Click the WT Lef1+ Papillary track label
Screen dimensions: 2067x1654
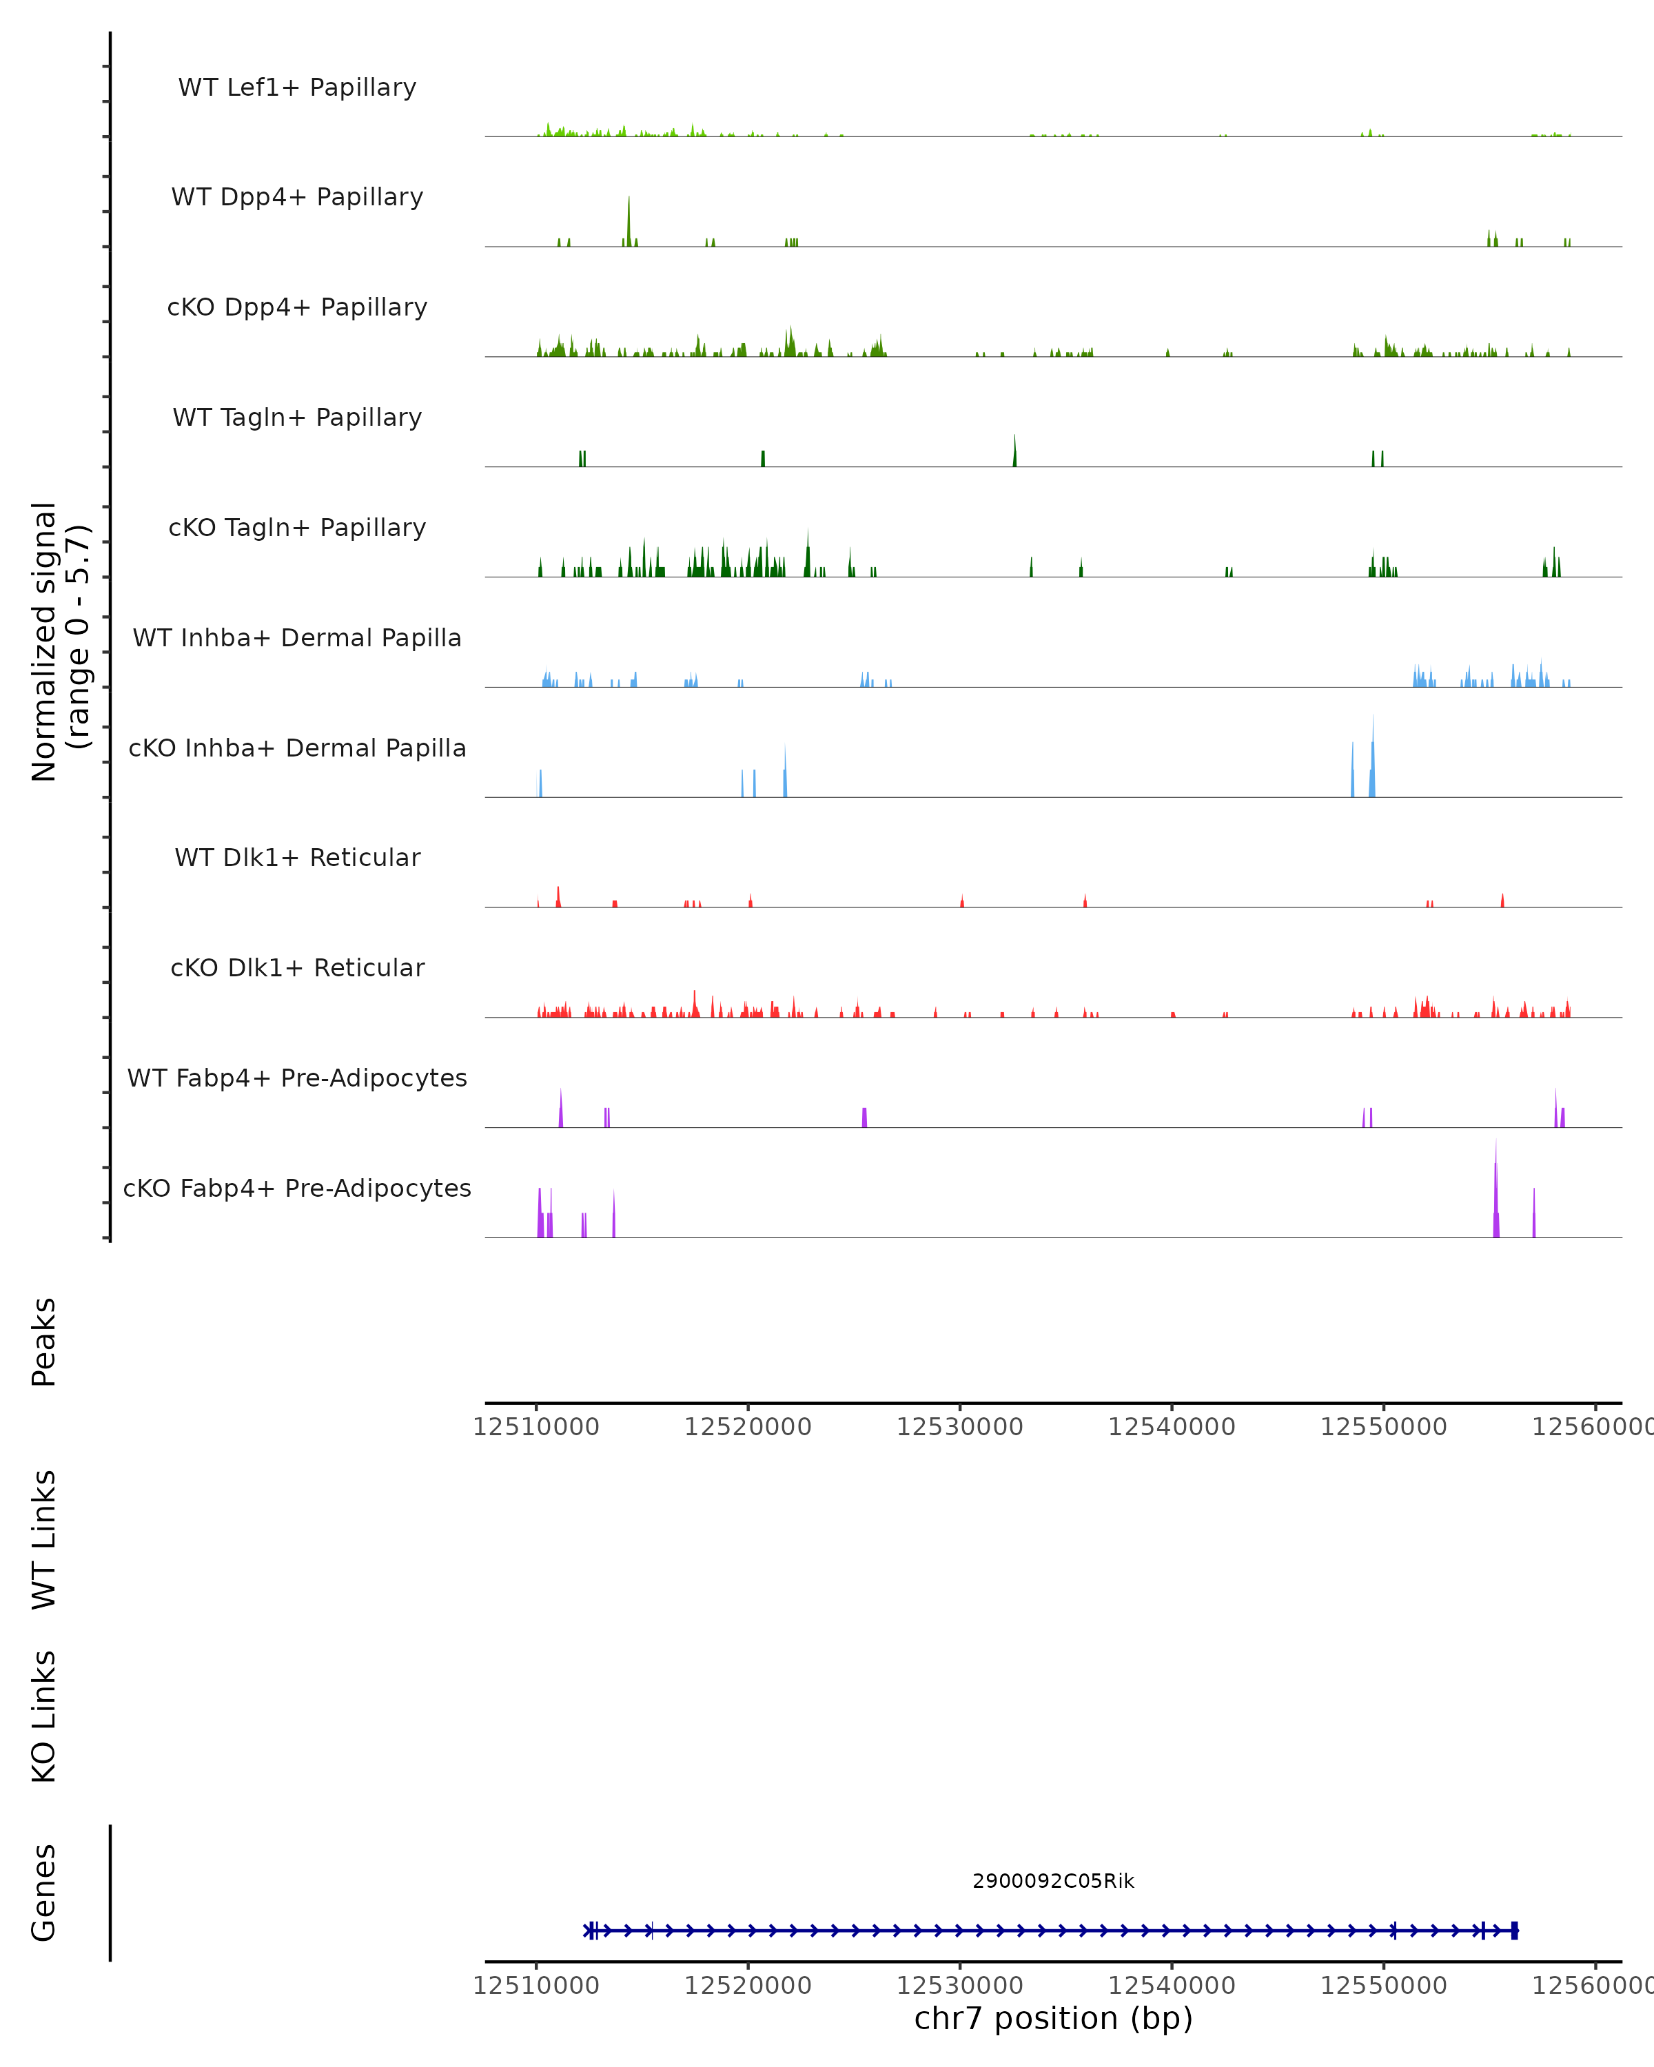coord(297,88)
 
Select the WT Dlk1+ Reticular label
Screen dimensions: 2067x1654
coord(297,857)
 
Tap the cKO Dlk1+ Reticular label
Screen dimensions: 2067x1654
coord(297,967)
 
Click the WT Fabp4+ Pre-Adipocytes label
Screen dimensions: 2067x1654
coord(297,1078)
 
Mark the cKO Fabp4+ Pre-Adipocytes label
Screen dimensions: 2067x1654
coord(297,1188)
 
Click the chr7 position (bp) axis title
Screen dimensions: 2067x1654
coord(1053,2018)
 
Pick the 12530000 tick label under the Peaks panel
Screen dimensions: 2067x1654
coord(960,1427)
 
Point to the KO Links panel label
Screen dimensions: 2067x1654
coord(44,1717)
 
